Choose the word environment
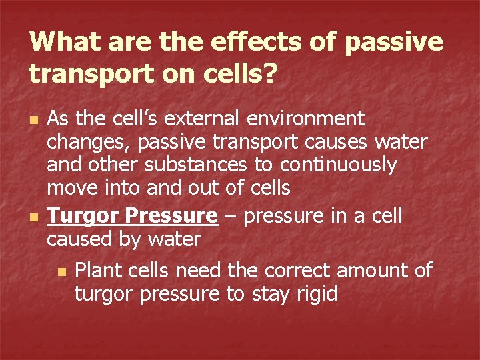[x=309, y=119]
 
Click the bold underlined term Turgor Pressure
[x=132, y=216]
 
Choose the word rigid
[x=313, y=293]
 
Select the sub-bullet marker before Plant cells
[x=62, y=271]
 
